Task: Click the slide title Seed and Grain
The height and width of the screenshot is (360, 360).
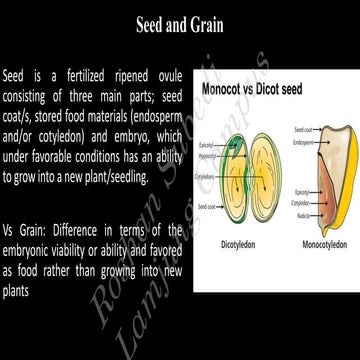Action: (x=180, y=24)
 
